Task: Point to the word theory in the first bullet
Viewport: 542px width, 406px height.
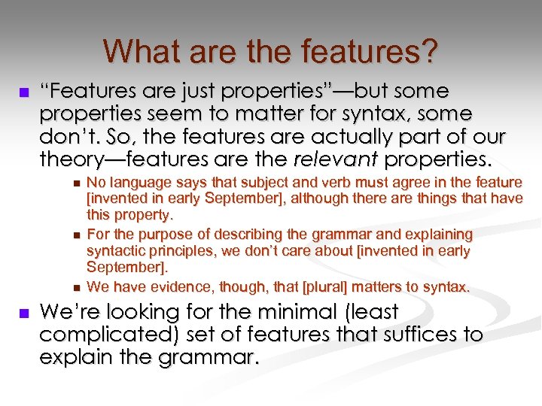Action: (72, 159)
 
